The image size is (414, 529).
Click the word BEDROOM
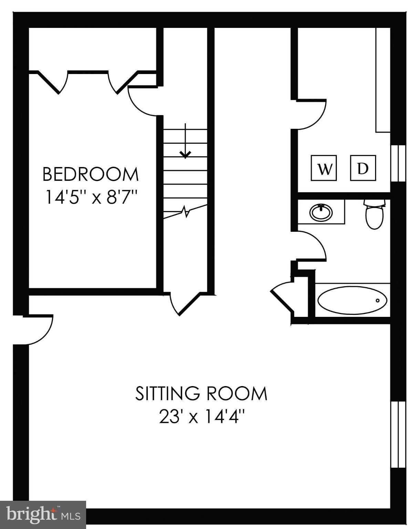(x=90, y=174)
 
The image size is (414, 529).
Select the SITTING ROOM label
(x=201, y=393)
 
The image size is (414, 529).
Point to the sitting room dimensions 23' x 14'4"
(x=201, y=417)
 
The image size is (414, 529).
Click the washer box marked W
(x=323, y=168)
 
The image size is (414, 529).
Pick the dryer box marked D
(x=363, y=168)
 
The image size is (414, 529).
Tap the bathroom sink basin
(x=321, y=212)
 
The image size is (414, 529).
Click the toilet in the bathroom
(x=374, y=215)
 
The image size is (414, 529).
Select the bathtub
(x=352, y=301)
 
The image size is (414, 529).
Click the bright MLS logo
(x=43, y=515)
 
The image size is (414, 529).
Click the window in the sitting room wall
(x=398, y=434)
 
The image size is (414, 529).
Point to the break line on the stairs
(x=186, y=211)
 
